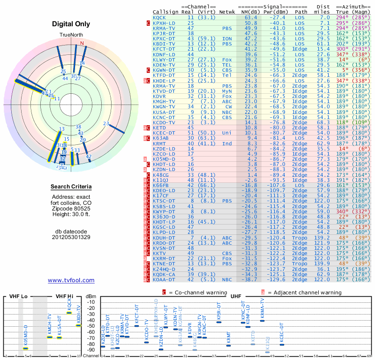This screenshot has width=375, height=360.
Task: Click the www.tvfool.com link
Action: coord(71,280)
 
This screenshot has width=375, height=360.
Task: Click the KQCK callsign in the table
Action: coord(159,17)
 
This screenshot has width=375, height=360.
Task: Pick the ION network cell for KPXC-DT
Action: coord(226,38)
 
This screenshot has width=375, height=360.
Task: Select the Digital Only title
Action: coord(71,24)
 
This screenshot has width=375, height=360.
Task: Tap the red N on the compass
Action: coord(82,43)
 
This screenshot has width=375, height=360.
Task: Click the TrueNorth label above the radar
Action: coord(71,35)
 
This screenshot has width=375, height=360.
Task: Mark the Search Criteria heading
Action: coord(71,187)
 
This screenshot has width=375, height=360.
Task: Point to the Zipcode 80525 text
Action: coord(71,208)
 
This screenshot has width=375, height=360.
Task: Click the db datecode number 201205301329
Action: coord(71,237)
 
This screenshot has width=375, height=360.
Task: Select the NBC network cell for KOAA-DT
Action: coord(227,279)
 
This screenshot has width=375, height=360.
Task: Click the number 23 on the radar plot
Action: coord(106,124)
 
